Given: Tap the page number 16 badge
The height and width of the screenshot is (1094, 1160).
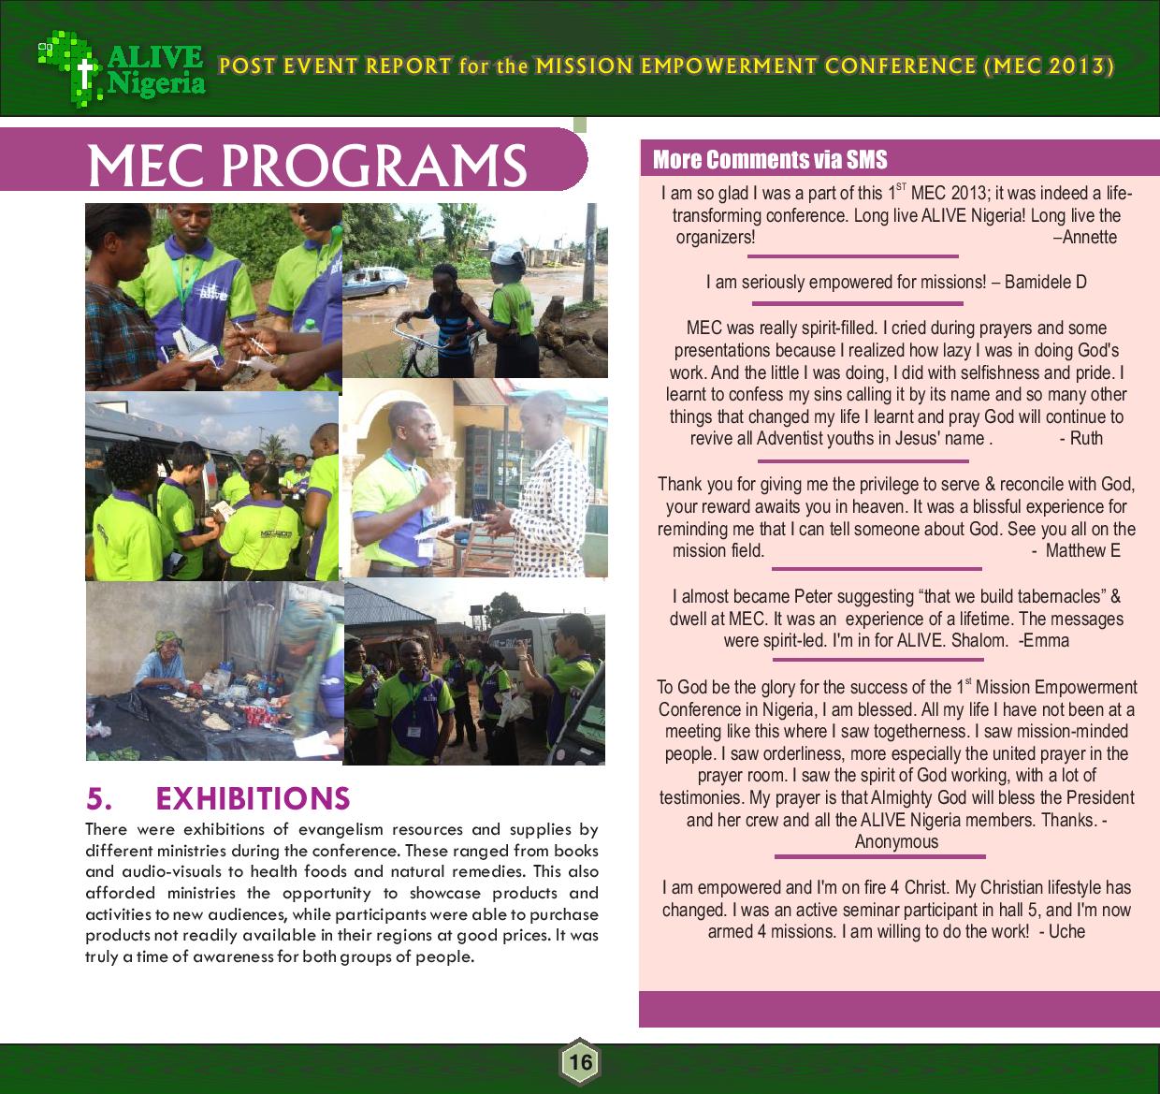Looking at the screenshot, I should [x=580, y=1062].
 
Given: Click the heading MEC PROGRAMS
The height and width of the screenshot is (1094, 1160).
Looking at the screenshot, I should [x=307, y=165].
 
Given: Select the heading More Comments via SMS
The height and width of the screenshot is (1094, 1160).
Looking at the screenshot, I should [x=769, y=159].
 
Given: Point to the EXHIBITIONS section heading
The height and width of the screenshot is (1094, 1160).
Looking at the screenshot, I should [x=253, y=798].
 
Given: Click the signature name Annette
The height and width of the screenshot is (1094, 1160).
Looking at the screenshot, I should [x=1089, y=237].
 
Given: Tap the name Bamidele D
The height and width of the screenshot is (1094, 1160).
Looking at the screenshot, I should [x=1045, y=282].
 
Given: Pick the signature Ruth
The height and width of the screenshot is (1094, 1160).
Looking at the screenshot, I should [x=1086, y=438].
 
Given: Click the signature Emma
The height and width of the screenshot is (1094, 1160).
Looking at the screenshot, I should [x=1048, y=641].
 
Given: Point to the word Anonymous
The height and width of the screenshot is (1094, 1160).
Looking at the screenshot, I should [x=896, y=841].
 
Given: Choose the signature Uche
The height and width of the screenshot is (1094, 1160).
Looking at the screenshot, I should [x=1066, y=931].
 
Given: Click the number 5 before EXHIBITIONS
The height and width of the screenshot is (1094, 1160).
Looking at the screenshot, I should [x=99, y=798].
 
